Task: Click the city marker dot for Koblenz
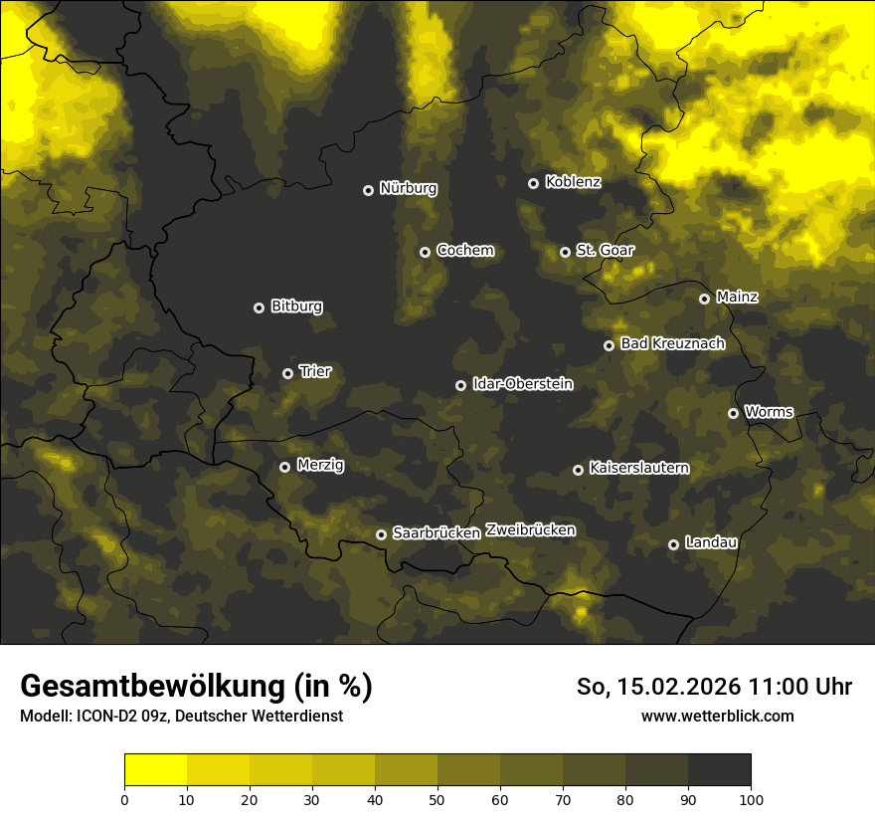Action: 533,183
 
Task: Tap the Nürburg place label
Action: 408,188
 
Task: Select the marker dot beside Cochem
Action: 425,252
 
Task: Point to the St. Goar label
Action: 605,250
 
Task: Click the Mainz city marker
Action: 704,299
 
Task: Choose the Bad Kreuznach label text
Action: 672,343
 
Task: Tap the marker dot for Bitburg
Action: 259,308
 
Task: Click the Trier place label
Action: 314,371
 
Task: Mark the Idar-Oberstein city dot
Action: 460,385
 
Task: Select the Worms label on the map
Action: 769,411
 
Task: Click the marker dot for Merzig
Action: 284,467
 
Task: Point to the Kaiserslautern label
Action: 638,468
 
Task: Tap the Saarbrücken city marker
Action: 381,534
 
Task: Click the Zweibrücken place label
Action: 530,530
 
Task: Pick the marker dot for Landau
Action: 673,544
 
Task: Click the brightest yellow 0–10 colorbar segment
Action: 156,769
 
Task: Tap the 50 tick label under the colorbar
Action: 437,799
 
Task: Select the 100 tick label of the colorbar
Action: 750,799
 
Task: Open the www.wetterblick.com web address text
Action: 717,716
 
